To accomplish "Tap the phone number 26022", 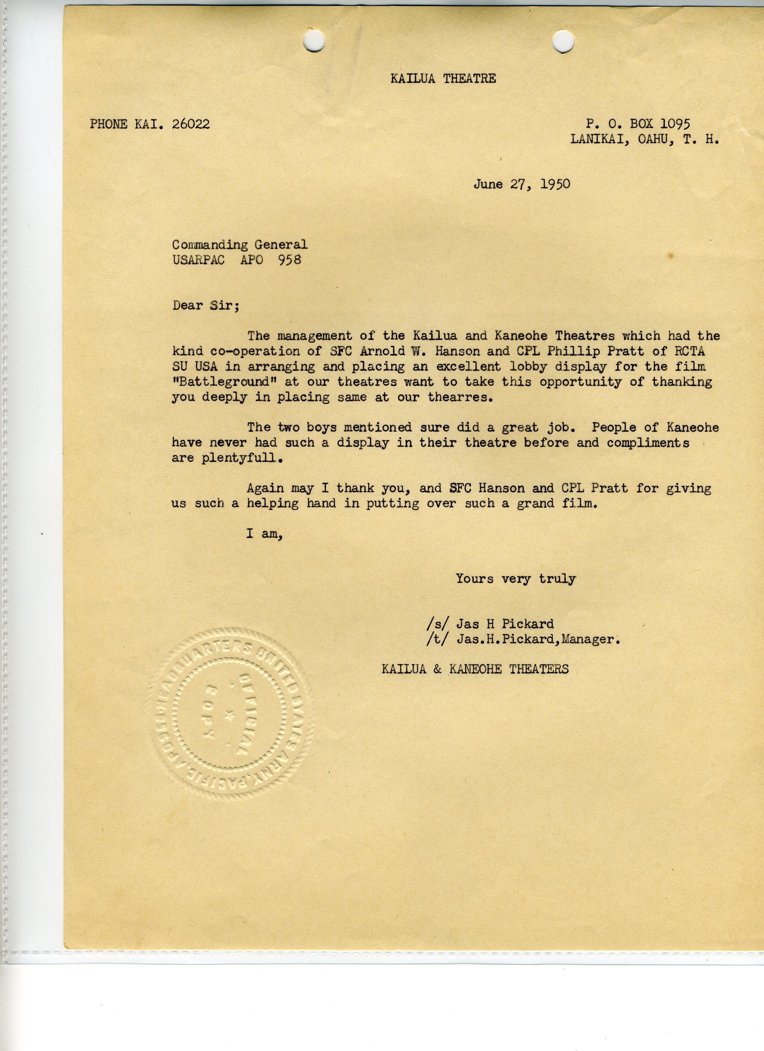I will click(x=191, y=124).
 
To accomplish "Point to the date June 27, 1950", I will click(x=522, y=185).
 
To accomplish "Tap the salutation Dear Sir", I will click(x=205, y=306).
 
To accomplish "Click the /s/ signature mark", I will click(x=438, y=624).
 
